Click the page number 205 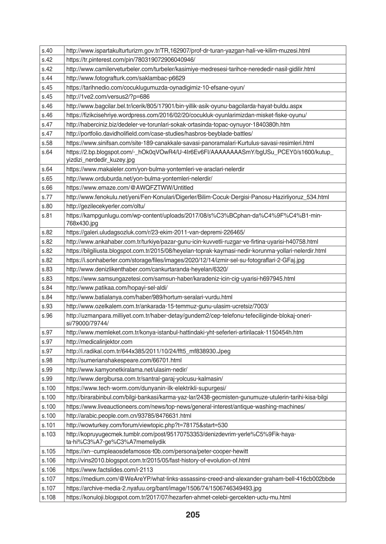point(193,514)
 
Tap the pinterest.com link point(131,60)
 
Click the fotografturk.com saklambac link point(126,78)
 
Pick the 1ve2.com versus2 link point(108,97)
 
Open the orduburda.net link point(139,179)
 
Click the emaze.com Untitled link point(129,188)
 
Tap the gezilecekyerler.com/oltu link point(105,206)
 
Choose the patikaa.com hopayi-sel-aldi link point(117,288)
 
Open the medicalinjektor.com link point(99,342)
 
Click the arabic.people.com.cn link point(128,416)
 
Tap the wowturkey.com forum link point(147,425)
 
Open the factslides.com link point(110,470)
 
